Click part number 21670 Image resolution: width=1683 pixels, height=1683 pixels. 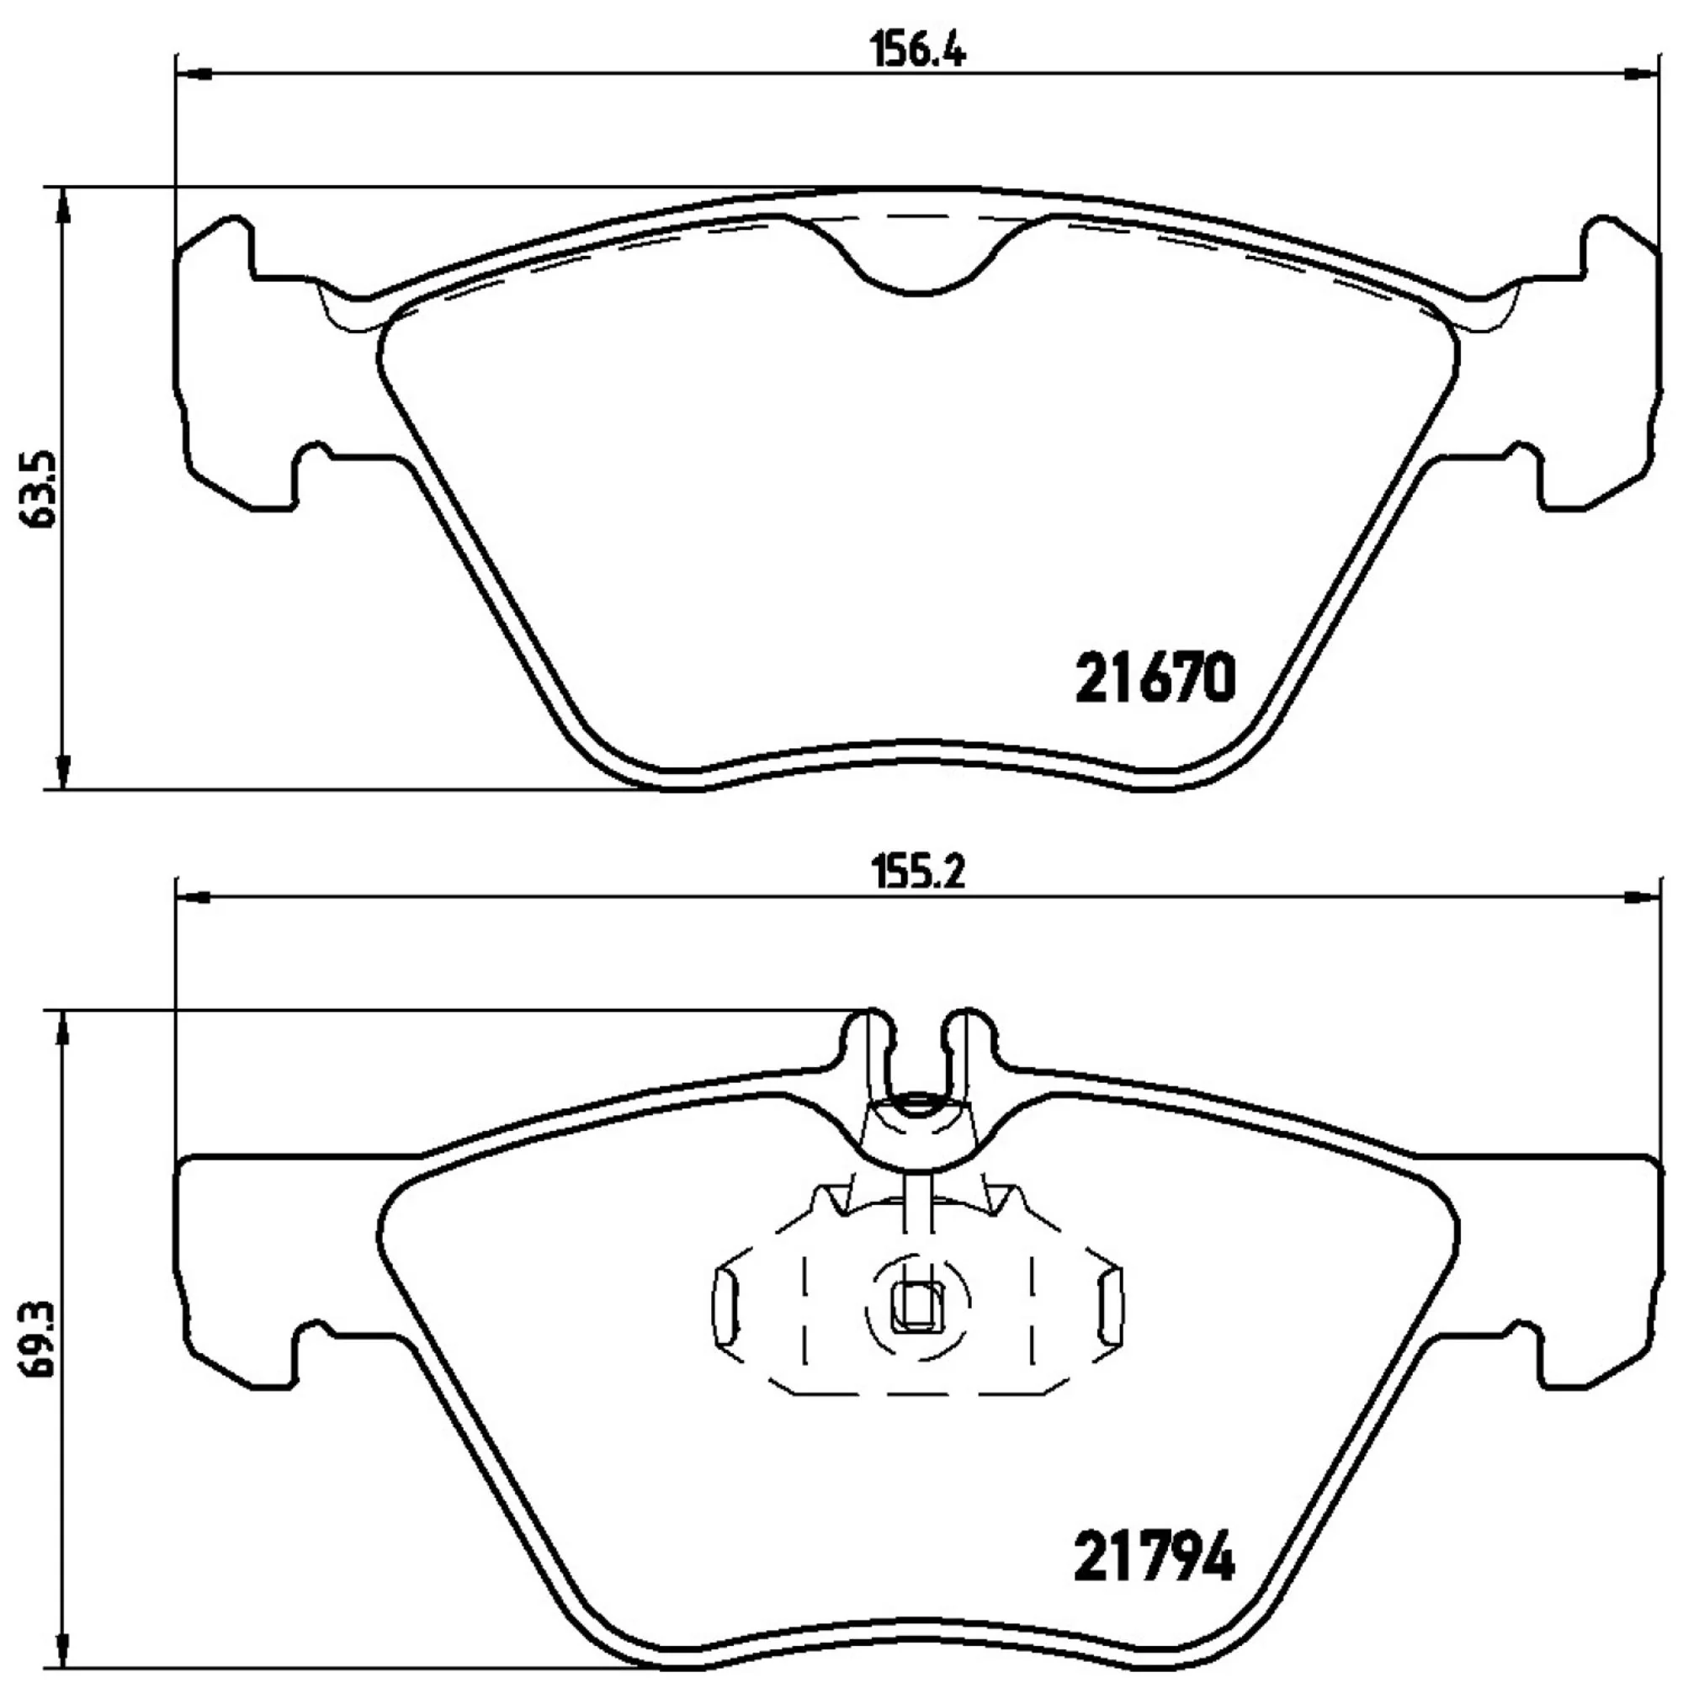[x=1155, y=678]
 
